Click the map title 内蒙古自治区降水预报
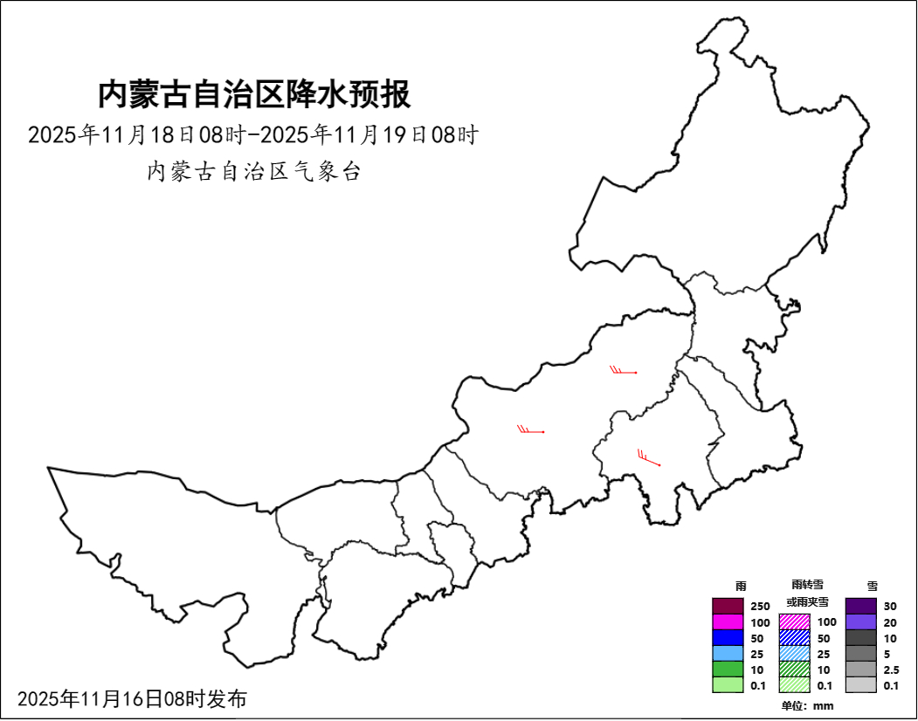point(253,94)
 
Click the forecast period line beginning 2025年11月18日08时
point(253,135)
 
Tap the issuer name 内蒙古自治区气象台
point(253,171)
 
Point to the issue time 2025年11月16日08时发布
point(132,698)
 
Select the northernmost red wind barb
point(624,371)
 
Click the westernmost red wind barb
point(531,429)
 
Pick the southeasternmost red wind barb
point(648,458)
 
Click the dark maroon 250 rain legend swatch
point(728,606)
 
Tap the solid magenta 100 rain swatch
point(728,622)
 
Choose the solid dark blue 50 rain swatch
point(728,638)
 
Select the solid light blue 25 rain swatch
point(728,654)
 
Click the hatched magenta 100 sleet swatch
point(795,622)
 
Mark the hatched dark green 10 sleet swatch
point(795,669)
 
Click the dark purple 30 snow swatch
point(860,606)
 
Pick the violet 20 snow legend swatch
point(860,622)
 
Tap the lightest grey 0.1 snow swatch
point(860,685)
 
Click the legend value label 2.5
point(891,669)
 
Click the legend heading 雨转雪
point(807,585)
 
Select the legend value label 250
point(760,607)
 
